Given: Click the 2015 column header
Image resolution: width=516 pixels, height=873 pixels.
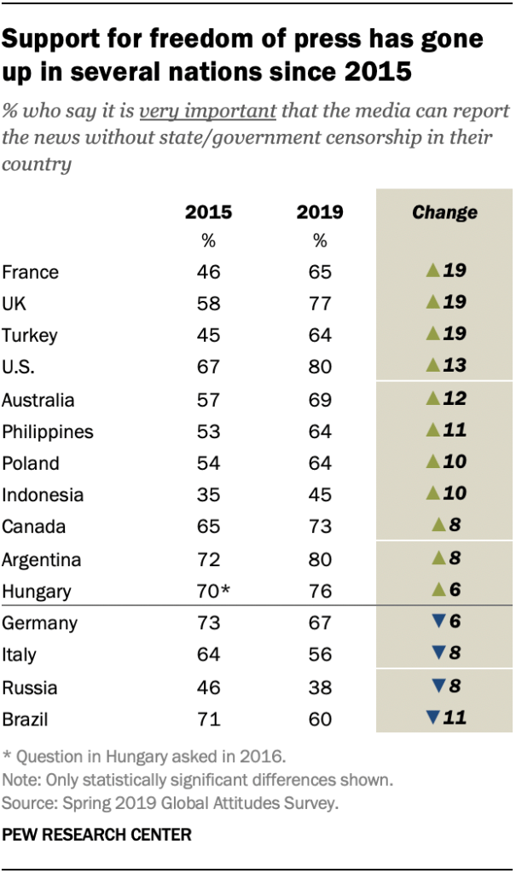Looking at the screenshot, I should (208, 212).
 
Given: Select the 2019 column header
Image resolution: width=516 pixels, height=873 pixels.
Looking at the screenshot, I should (320, 212).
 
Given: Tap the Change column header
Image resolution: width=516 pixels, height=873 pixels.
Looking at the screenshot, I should (444, 212).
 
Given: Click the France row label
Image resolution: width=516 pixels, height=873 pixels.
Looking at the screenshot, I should (31, 273).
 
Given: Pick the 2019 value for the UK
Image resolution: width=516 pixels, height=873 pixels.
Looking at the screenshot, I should (320, 303).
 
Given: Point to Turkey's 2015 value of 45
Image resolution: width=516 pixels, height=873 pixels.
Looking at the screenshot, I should (208, 334).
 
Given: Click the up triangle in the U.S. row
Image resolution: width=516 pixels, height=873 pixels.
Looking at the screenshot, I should (432, 366).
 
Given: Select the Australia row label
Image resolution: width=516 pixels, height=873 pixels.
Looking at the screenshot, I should (38, 400).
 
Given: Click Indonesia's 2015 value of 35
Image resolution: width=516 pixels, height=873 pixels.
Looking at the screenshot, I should (208, 495).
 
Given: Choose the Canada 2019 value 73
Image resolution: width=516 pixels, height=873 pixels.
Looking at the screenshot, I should (320, 527).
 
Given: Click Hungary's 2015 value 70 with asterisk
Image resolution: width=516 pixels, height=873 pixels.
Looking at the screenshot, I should (212, 591).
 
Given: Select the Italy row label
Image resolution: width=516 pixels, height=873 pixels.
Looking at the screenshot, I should (20, 655).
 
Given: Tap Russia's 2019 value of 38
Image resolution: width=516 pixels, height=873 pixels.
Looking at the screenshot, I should (320, 687).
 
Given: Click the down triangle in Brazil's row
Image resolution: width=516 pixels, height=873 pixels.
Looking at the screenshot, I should (432, 718).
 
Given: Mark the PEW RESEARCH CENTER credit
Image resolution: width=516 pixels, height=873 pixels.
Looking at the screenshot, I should (96, 835).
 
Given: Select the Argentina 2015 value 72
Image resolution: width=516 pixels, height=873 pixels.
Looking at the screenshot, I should (208, 559).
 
